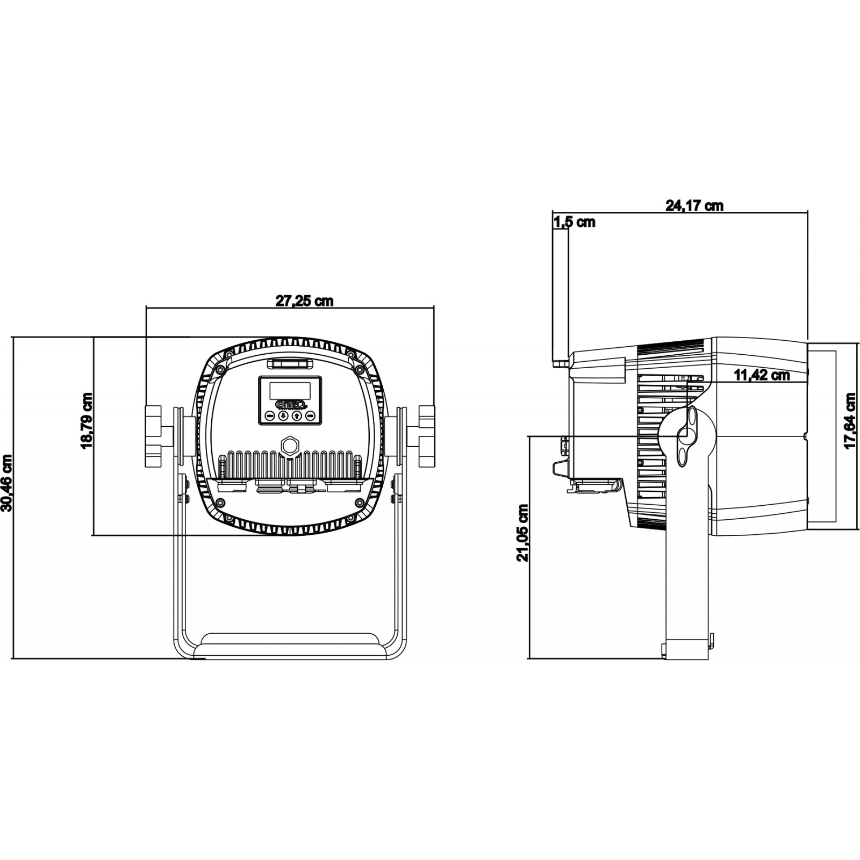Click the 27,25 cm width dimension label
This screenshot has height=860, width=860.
(x=304, y=300)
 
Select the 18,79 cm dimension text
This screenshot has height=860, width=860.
(x=87, y=420)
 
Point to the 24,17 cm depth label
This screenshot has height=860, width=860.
(x=694, y=205)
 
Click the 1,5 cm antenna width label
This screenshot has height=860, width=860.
(x=574, y=222)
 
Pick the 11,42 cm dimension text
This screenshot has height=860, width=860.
(x=762, y=375)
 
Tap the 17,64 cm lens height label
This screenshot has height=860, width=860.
(x=850, y=421)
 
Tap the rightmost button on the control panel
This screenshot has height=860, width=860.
(x=310, y=415)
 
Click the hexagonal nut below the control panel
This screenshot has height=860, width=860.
(x=290, y=445)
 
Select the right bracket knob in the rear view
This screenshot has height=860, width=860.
(x=427, y=436)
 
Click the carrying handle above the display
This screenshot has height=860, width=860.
(x=290, y=364)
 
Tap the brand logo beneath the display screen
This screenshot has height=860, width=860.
(x=290, y=404)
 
